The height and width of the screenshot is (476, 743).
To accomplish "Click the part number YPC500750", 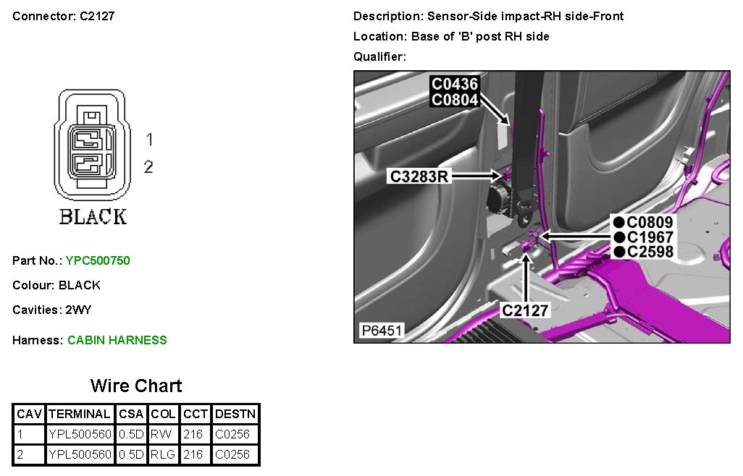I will pyautogui.click(x=98, y=260).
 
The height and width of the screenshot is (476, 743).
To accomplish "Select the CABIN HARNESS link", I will pyautogui.click(x=117, y=340).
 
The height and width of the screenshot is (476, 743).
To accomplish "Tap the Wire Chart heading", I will pyautogui.click(x=136, y=386).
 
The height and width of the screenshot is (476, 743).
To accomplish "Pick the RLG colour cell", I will pyautogui.click(x=163, y=454).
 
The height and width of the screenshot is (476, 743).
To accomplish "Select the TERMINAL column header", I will pyautogui.click(x=79, y=415).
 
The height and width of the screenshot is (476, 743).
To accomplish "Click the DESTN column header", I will pyautogui.click(x=235, y=415).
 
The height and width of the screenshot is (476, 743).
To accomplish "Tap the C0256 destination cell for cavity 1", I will pyautogui.click(x=232, y=435).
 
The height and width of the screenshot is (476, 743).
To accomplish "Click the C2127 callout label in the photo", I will pyautogui.click(x=526, y=310).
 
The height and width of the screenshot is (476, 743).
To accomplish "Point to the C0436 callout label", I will pyautogui.click(x=455, y=84).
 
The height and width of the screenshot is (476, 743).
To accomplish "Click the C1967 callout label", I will pyautogui.click(x=650, y=237).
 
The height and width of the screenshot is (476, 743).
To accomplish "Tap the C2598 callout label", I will pyautogui.click(x=650, y=252).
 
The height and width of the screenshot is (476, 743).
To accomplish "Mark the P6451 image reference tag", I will pyautogui.click(x=381, y=331).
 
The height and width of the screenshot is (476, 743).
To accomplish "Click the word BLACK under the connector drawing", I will pyautogui.click(x=93, y=216).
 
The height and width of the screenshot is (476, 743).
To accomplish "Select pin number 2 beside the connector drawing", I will pyautogui.click(x=148, y=167).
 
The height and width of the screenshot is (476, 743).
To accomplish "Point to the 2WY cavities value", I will pyautogui.click(x=78, y=310).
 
